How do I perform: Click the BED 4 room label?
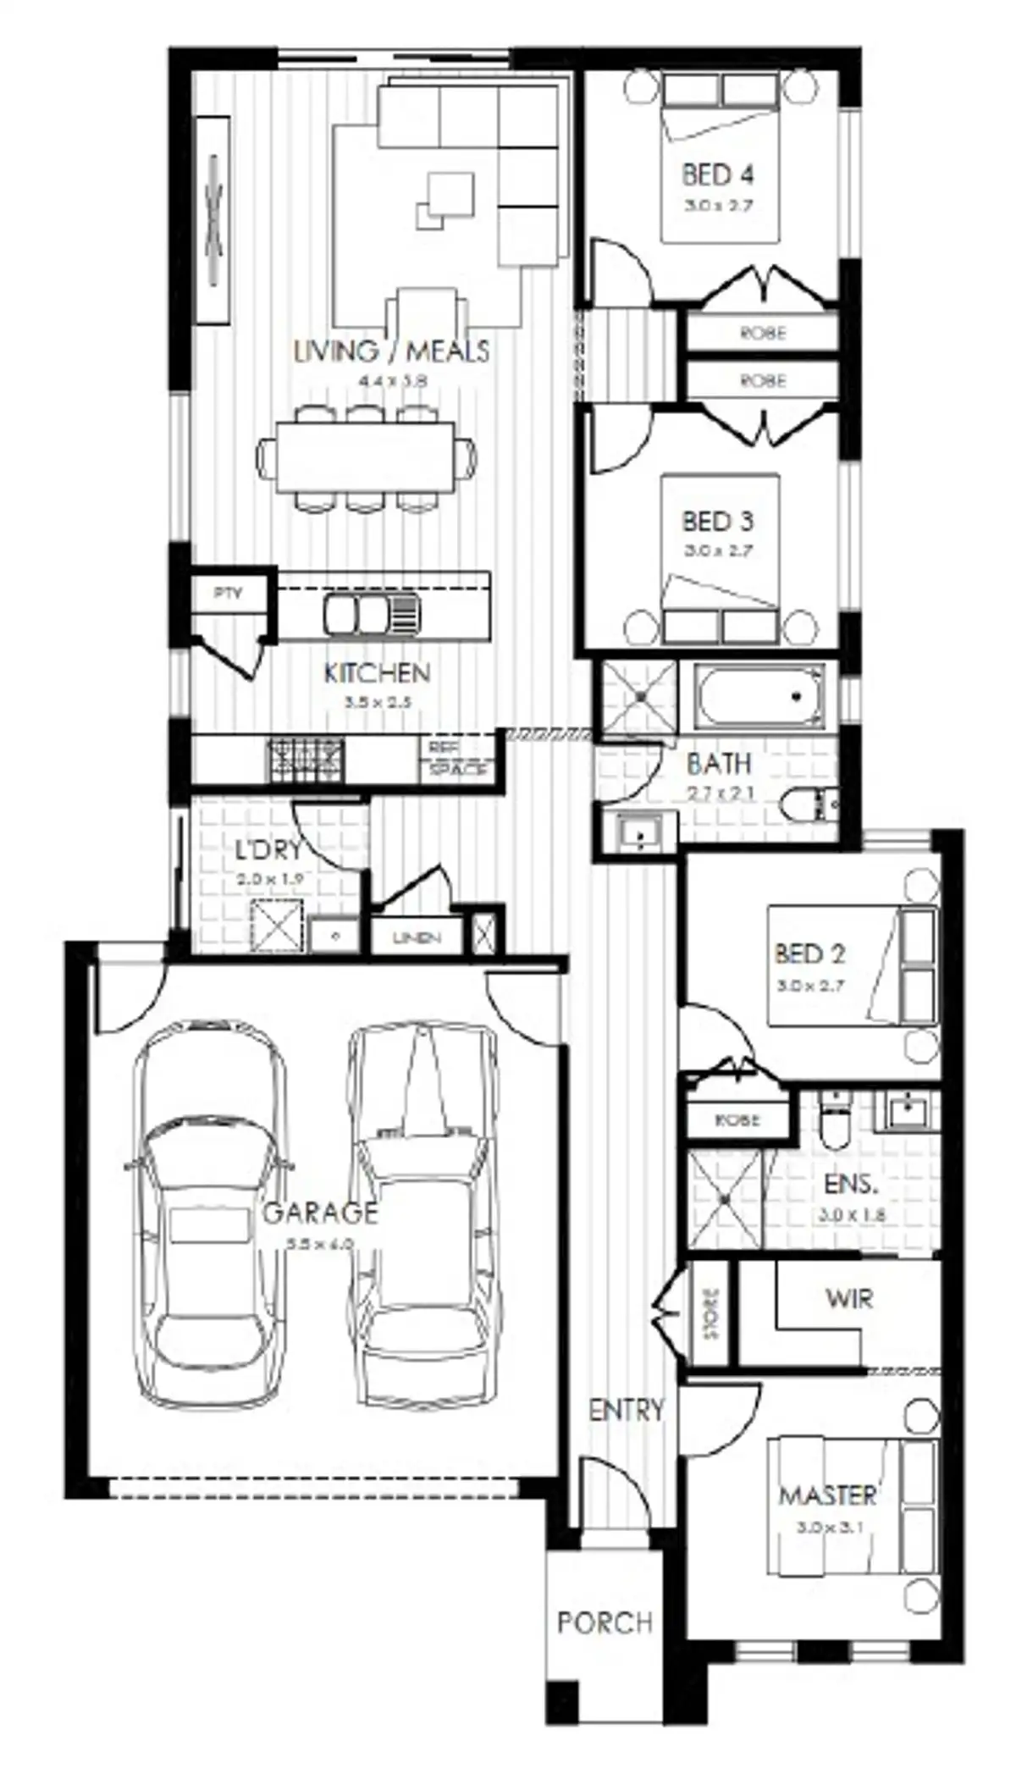pos(717,175)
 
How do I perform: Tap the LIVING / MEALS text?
pos(391,351)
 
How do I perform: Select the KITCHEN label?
pos(378,674)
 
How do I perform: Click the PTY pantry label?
pos(227,594)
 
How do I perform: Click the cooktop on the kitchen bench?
pos(306,759)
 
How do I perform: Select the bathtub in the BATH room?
pos(759,697)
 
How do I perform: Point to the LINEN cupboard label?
pos(417,938)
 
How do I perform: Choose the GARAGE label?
pos(320,1213)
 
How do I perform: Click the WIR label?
pos(849,1298)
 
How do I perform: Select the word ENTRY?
pos(627,1410)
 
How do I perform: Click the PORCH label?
pos(605,1622)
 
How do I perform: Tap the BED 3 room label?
pos(717,522)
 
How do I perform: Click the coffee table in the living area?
pos(446,200)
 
